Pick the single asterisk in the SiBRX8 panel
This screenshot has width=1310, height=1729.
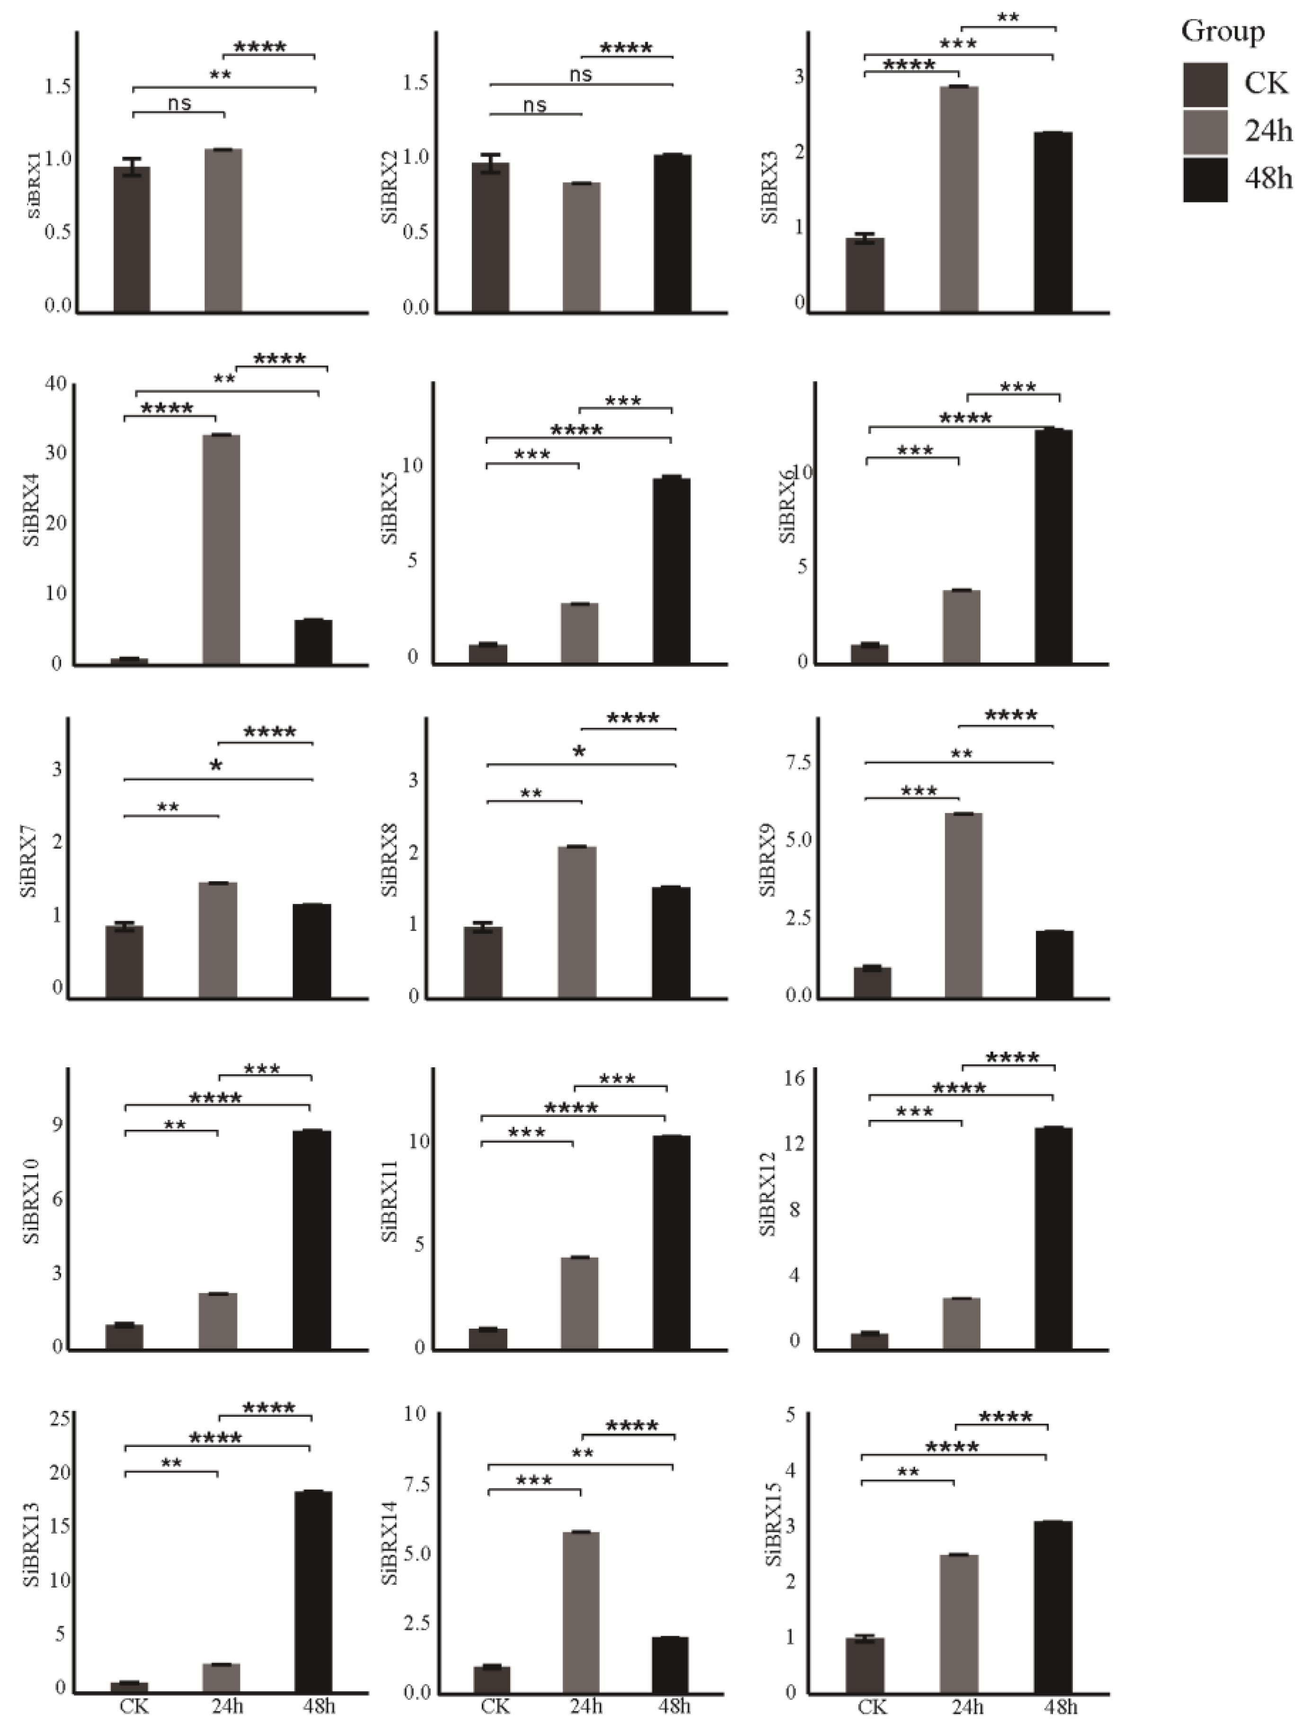point(579,753)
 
